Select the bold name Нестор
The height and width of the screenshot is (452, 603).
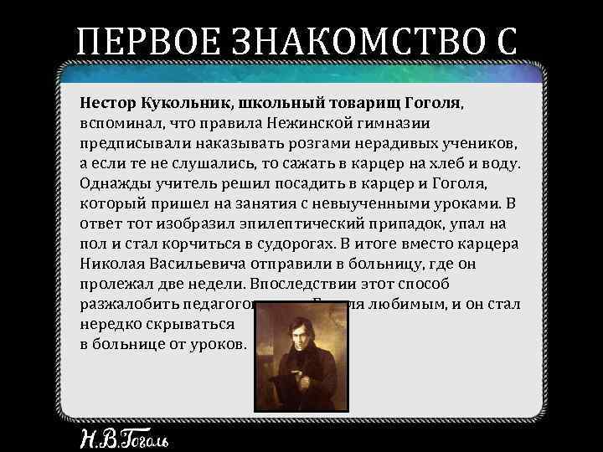point(107,102)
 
